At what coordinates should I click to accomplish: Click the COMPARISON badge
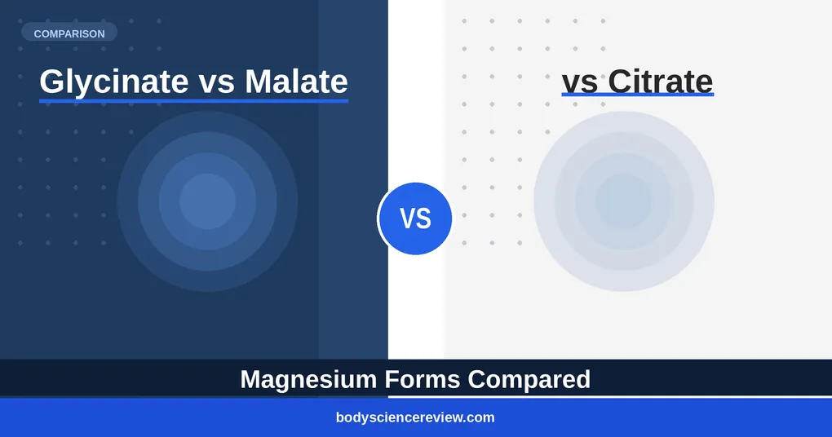69,33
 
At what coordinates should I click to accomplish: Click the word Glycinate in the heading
114,82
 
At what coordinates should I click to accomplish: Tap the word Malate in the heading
296,82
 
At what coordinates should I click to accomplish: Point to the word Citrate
660,82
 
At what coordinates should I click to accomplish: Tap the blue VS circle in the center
415,218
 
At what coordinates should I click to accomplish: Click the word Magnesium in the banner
308,380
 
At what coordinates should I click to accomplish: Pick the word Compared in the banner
529,380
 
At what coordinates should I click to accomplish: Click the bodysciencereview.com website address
415,417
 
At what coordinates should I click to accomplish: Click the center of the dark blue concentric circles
207,201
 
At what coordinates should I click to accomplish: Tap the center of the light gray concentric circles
623,201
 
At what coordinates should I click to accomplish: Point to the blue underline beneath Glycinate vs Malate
193,100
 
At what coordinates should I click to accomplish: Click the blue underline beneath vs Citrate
638,95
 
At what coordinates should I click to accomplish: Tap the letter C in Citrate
621,82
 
